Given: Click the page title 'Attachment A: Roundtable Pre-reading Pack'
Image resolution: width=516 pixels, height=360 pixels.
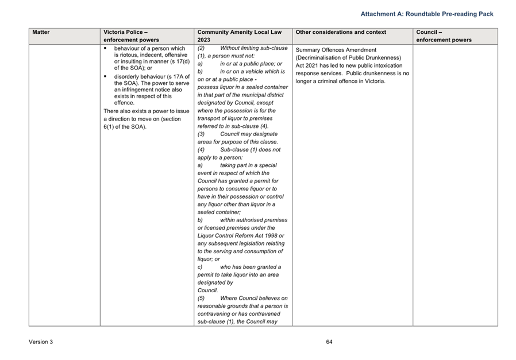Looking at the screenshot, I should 427,14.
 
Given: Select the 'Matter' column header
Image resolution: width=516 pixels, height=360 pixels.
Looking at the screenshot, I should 41,32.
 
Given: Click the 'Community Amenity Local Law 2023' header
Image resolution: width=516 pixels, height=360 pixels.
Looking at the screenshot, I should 240,36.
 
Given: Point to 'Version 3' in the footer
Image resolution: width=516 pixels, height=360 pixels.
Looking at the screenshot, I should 41,342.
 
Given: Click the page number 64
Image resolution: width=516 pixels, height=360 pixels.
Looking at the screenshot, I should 329,342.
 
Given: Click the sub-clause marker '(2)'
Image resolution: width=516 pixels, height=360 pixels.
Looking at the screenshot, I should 201,48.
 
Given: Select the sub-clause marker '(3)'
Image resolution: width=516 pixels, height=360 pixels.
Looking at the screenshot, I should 201,134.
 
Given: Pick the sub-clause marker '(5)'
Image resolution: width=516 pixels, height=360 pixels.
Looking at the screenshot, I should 201,298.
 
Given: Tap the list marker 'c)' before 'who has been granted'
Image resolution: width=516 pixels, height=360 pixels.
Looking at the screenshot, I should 199,266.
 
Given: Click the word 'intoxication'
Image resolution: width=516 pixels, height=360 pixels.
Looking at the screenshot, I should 384,65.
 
